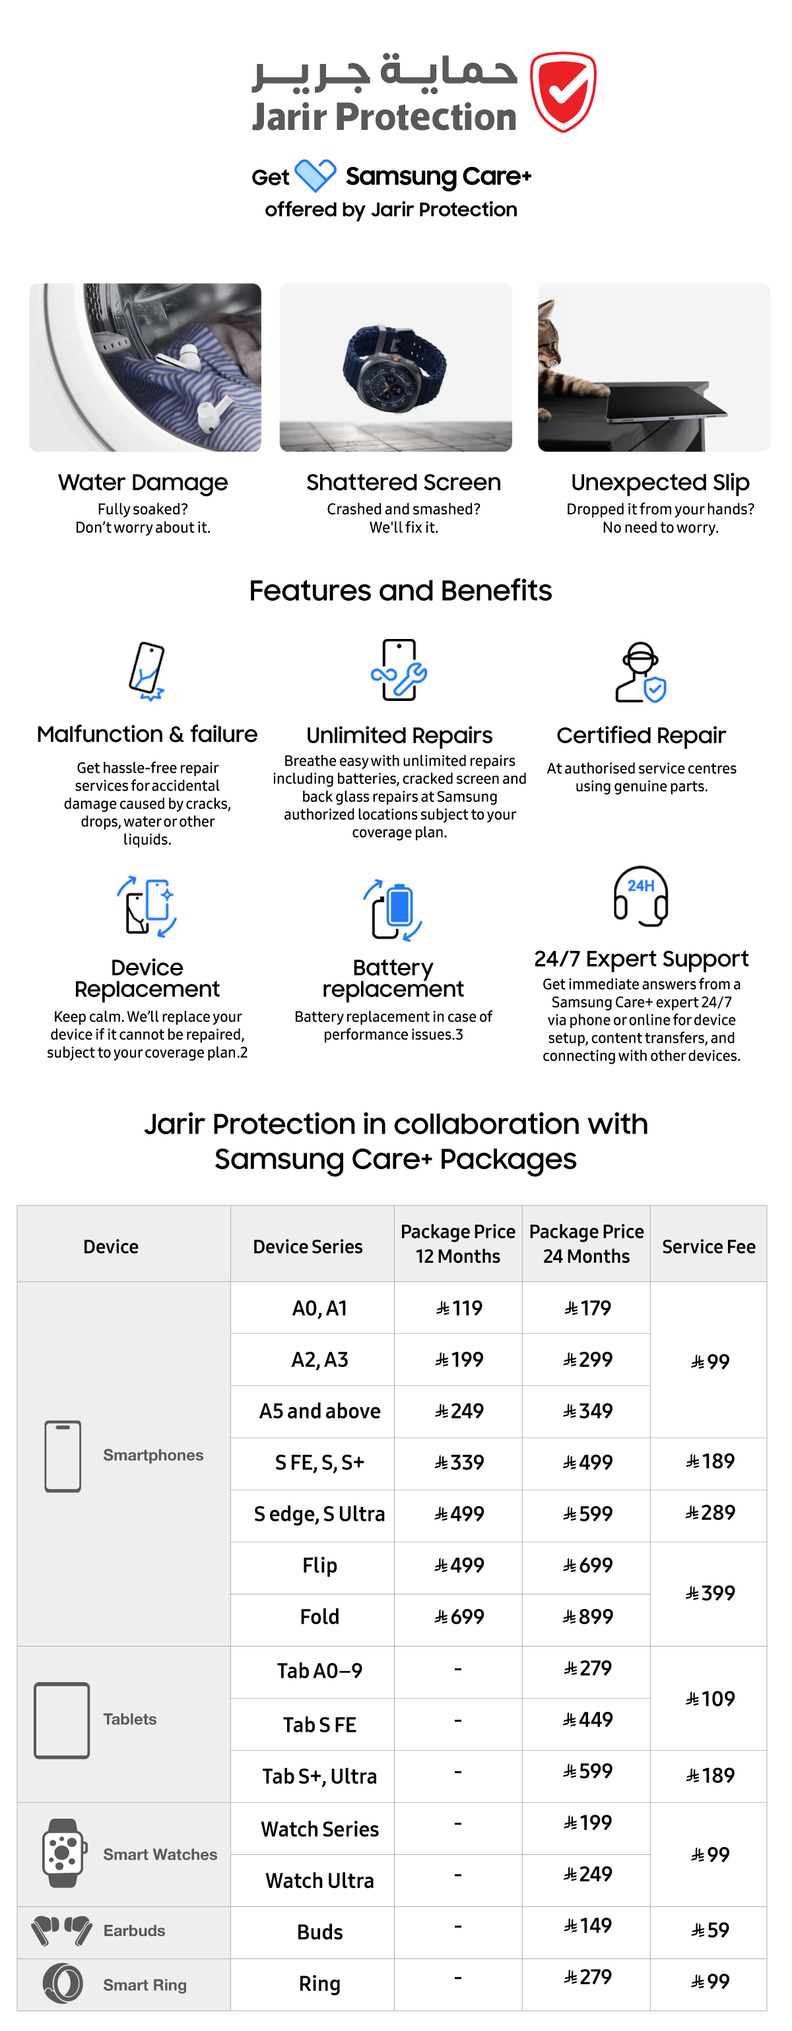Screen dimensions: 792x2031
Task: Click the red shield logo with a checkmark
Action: pyautogui.click(x=562, y=92)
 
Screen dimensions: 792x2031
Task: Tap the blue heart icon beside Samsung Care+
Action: pyautogui.click(x=315, y=175)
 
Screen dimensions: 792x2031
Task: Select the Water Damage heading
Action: pyautogui.click(x=143, y=482)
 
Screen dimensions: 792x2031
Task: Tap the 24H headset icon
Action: pyautogui.click(x=641, y=896)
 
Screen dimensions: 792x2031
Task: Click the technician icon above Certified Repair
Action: pyautogui.click(x=641, y=673)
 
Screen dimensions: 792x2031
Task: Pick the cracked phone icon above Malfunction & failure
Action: pyautogui.click(x=148, y=671)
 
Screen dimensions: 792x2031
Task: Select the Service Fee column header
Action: pyautogui.click(x=708, y=1246)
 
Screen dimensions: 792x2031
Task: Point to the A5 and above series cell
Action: pyautogui.click(x=319, y=1411)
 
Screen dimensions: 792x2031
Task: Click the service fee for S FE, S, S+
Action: pyautogui.click(x=709, y=1462)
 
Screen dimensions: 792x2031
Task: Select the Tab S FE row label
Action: pyautogui.click(x=319, y=1725)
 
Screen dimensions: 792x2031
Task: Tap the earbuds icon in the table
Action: pyautogui.click(x=61, y=1931)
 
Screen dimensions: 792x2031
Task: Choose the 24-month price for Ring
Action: pyautogui.click(x=587, y=1978)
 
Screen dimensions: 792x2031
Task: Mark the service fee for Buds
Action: pyautogui.click(x=709, y=1931)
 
